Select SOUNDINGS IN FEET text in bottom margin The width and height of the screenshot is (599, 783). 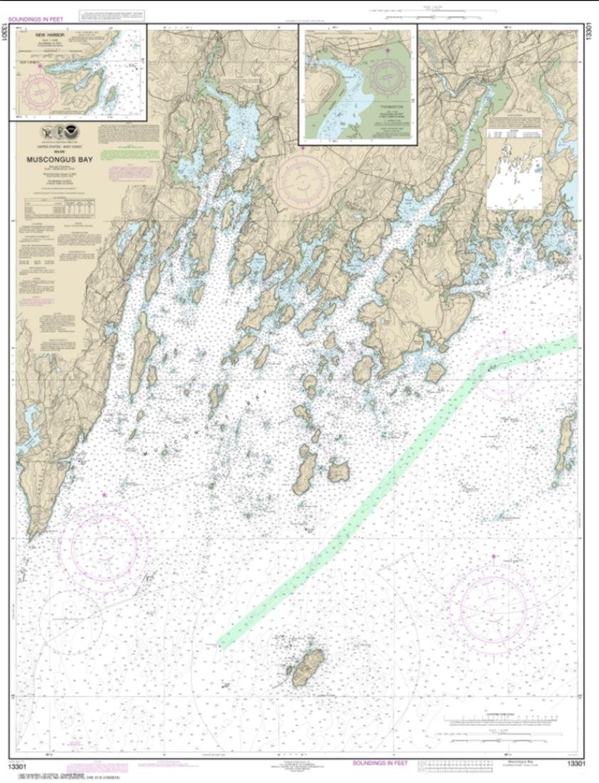(380, 763)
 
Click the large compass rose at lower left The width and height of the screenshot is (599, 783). (103, 547)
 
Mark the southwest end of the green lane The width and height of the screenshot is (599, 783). (222, 643)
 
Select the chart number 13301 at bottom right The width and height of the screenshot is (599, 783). (575, 764)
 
